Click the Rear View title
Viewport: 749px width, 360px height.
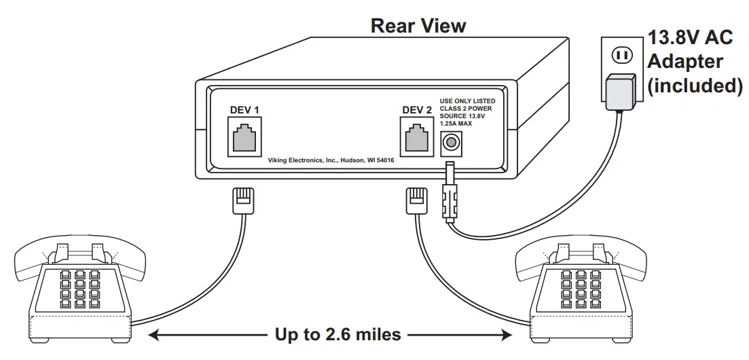click(x=418, y=26)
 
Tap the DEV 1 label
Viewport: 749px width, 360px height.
click(x=244, y=109)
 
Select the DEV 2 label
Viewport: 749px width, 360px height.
click(x=417, y=110)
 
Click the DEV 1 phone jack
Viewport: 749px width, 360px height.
click(x=244, y=138)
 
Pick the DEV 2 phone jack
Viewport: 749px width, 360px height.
click(x=417, y=139)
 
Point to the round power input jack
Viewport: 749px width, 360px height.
click(x=449, y=143)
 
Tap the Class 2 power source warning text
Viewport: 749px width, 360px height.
click(x=467, y=112)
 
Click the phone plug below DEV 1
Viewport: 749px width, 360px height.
click(x=244, y=201)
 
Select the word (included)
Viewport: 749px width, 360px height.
click(x=693, y=86)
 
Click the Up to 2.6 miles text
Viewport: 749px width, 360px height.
click(x=329, y=335)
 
